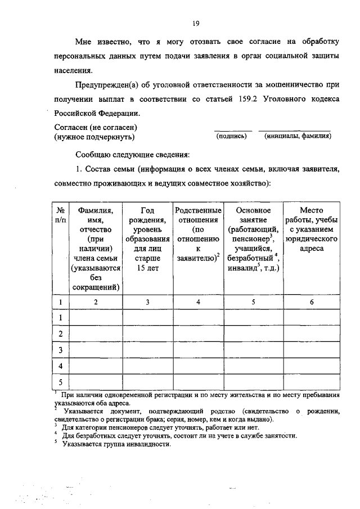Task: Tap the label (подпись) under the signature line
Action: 232,136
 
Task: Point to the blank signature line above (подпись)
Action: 233,130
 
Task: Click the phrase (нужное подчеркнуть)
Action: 94,137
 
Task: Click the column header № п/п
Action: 60,215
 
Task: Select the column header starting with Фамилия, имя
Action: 96,248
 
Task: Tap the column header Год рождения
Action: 148,238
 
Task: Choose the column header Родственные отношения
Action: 197,234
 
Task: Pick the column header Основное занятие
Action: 253,238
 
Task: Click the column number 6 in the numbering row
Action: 312,302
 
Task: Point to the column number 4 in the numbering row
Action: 197,302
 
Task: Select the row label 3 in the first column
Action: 60,350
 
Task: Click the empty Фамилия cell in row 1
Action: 96,318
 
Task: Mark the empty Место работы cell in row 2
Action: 312,334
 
